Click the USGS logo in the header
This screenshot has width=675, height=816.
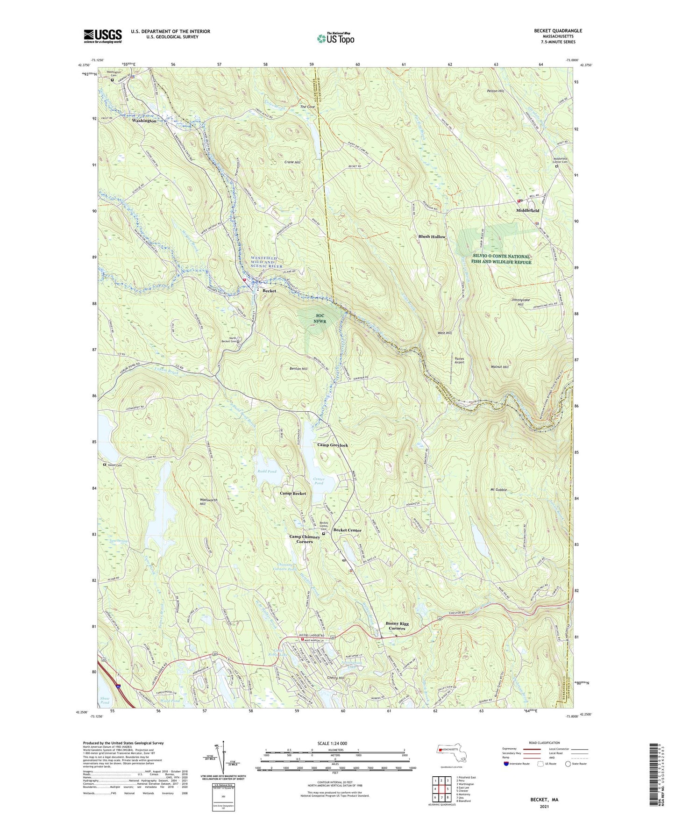(103, 36)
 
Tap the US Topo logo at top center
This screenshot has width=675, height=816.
(335, 39)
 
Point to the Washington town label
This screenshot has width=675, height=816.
(144, 121)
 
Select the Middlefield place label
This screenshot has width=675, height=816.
(527, 211)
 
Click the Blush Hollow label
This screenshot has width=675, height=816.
(432, 237)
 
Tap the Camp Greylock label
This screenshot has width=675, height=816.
(333, 445)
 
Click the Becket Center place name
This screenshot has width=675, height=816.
(347, 530)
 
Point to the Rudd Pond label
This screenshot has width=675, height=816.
(267, 471)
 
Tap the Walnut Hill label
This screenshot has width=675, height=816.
(499, 367)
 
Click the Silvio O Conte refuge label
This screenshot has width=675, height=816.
(502, 259)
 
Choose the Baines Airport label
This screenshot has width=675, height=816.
(460, 360)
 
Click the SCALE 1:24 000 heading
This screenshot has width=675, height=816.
(332, 743)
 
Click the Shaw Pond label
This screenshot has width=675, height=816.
(105, 700)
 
